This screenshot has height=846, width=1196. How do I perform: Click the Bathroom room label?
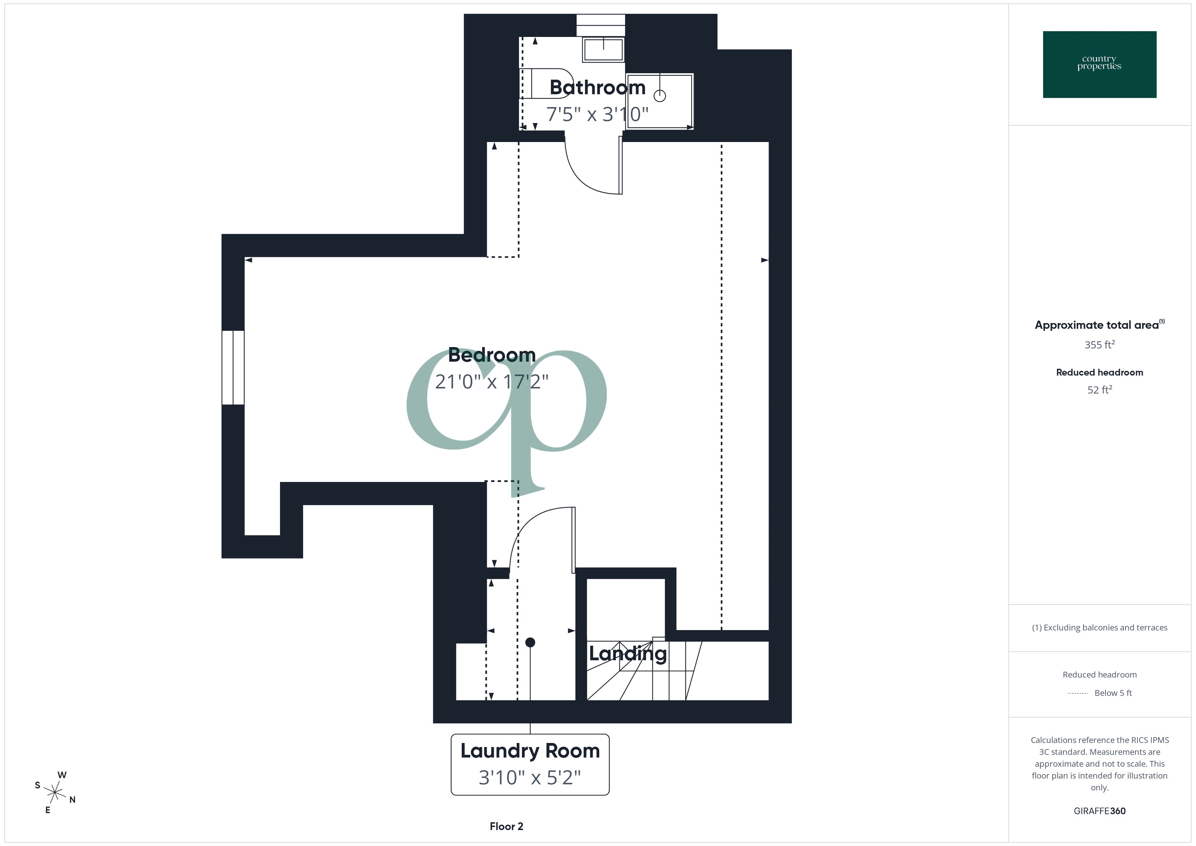point(597,87)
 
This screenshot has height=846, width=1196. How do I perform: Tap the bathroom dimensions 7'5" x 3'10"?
point(597,114)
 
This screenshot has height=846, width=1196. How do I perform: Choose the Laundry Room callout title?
point(530,751)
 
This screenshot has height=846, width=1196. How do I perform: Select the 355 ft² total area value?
point(1099,345)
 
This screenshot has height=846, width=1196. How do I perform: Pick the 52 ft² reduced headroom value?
point(1099,390)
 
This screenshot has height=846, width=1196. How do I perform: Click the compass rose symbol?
point(55,793)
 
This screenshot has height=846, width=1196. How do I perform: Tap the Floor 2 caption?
point(506,826)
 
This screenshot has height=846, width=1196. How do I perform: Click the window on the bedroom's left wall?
point(233,367)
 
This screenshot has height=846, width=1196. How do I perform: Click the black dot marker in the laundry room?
point(530,642)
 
